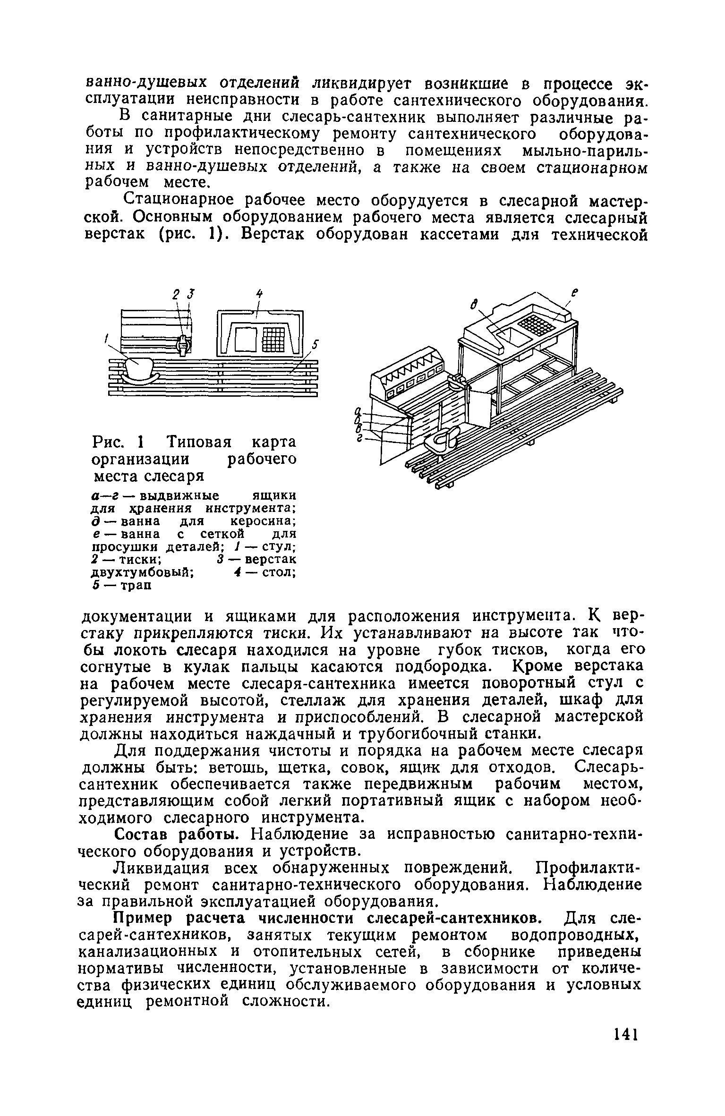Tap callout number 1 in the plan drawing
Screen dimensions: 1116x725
[107, 338]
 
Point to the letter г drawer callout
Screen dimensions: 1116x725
[360, 439]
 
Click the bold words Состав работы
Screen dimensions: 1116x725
[180, 835]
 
